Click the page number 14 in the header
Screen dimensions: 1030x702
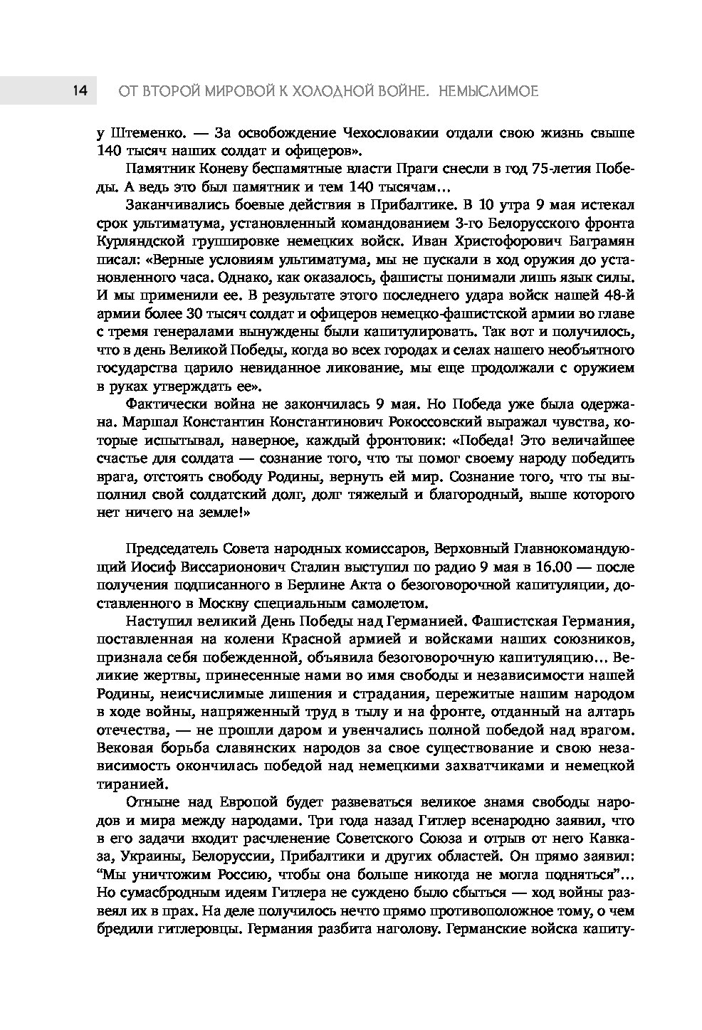tap(79, 91)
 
